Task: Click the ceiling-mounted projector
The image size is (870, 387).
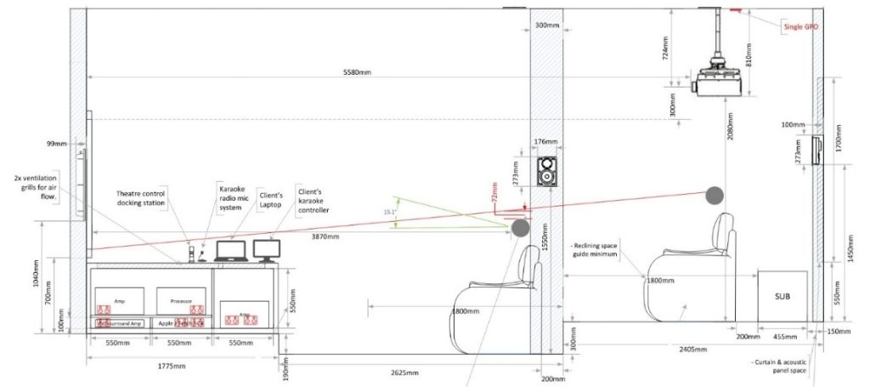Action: pos(718,81)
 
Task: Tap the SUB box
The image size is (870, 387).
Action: pos(782,297)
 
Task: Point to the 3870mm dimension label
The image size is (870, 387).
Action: pos(325,236)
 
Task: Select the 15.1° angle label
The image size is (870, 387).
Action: pos(390,212)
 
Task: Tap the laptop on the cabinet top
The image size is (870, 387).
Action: pos(231,252)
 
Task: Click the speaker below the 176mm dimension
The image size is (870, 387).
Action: pos(549,173)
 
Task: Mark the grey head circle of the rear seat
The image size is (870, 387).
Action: pos(713,196)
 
